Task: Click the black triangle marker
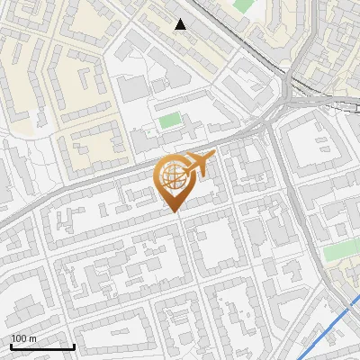point(181,24)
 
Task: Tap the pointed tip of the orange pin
point(175,212)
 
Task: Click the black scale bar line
point(42,346)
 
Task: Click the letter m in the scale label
point(32,338)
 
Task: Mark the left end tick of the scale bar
point(11,345)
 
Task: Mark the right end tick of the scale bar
point(74,345)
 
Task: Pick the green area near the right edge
point(340,251)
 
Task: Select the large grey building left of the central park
point(131,88)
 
